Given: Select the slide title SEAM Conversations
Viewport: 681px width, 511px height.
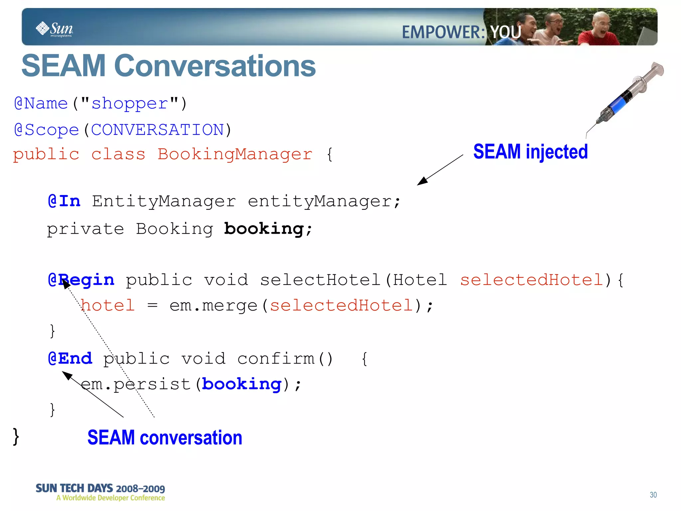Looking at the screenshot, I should [x=169, y=66].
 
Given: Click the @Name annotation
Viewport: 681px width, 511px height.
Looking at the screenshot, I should [x=41, y=104].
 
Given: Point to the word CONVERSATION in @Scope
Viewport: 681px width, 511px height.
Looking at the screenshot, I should [x=157, y=129].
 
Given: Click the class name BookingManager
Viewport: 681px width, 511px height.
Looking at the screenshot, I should [x=235, y=154].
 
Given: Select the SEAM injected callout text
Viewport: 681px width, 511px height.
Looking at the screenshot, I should [x=530, y=152].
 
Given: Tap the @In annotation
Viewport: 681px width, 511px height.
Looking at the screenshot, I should [x=64, y=201].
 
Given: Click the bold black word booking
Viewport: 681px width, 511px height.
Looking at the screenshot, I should [x=264, y=229].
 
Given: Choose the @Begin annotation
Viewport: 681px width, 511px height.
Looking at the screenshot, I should [x=81, y=280].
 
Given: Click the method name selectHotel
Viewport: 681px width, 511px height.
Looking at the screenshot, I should [x=320, y=280].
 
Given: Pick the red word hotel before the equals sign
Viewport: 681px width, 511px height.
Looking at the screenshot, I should [x=108, y=305].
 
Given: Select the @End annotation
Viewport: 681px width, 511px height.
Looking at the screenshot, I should [x=70, y=359].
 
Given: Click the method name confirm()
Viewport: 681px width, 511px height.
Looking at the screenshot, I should [x=285, y=359].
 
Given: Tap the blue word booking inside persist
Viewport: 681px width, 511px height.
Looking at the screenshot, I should [x=242, y=384].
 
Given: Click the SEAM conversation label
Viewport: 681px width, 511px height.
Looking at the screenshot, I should [x=165, y=437].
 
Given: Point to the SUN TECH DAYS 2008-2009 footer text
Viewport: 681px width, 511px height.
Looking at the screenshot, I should [x=100, y=488].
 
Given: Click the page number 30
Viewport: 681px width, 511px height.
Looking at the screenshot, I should [x=653, y=495].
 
